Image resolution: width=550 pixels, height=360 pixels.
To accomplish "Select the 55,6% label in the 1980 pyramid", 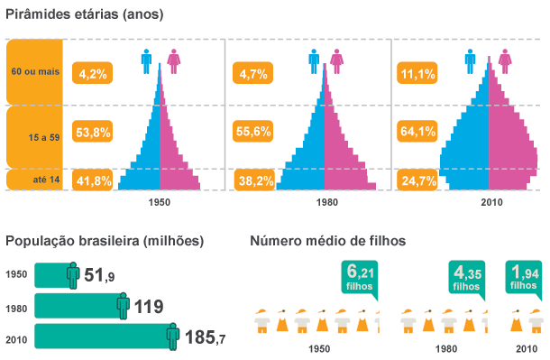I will tap(253, 131).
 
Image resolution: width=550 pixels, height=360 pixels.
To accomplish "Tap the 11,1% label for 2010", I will tap(418, 74).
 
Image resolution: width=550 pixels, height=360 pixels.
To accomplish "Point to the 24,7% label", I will tap(418, 181).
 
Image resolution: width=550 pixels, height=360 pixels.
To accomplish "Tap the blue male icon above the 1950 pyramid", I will tap(146, 61).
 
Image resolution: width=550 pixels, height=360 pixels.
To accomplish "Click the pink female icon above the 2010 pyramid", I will tap(506, 61).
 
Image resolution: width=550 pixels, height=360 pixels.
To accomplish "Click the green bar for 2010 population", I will tap(99, 337).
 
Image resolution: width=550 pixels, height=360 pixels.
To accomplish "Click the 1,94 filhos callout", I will tap(524, 276).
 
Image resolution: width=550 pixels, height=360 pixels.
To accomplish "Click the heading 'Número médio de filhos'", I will tap(327, 241).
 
